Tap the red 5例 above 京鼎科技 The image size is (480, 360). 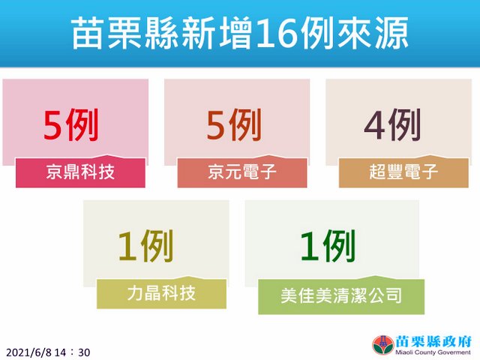[x=70, y=125]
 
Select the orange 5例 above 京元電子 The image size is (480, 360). [x=234, y=125]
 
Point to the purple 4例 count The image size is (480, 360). [x=393, y=125]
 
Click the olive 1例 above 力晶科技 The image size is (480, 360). [x=145, y=246]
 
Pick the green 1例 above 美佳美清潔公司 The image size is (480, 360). [x=328, y=246]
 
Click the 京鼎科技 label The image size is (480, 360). [x=80, y=172]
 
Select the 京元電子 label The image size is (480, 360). [x=242, y=172]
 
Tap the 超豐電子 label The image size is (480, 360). [x=403, y=172]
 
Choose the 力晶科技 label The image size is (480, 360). [x=161, y=293]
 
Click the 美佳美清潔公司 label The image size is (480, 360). [x=341, y=295]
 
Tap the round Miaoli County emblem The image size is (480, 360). [x=382, y=345]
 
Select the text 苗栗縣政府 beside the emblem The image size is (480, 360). [x=433, y=341]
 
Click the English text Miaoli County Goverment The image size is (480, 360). [x=433, y=352]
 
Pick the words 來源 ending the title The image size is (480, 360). [x=373, y=34]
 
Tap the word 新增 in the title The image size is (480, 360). [x=217, y=34]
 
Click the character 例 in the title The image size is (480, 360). [x=316, y=34]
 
